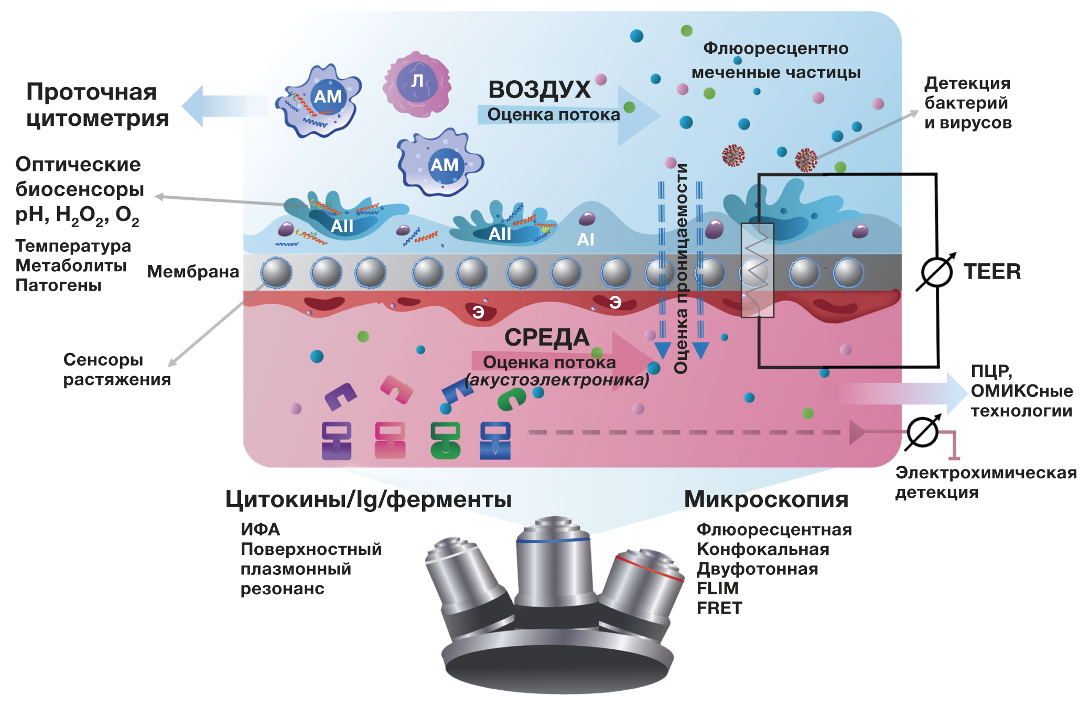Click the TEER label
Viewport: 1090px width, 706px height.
coord(991,272)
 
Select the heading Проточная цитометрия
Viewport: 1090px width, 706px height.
coord(98,105)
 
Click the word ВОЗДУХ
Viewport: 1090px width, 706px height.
coord(539,90)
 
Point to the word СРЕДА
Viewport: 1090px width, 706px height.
coord(546,337)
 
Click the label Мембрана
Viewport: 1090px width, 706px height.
coord(192,272)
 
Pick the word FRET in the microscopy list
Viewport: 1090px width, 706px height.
coord(719,608)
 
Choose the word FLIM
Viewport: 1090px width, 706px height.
coord(717,589)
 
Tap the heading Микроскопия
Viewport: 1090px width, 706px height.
coord(765,499)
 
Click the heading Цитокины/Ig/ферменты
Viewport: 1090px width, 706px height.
coord(368,499)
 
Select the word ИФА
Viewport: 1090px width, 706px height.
coord(260,529)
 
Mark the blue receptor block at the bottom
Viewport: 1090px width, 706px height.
coord(495,441)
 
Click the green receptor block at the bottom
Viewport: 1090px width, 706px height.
coord(445,441)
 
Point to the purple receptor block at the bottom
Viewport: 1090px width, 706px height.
coord(336,441)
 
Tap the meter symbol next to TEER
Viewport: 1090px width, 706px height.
coord(936,272)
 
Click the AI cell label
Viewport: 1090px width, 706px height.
coord(585,240)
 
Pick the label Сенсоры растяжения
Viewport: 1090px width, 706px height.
coord(116,369)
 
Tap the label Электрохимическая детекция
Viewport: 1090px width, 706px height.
coord(986,482)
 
